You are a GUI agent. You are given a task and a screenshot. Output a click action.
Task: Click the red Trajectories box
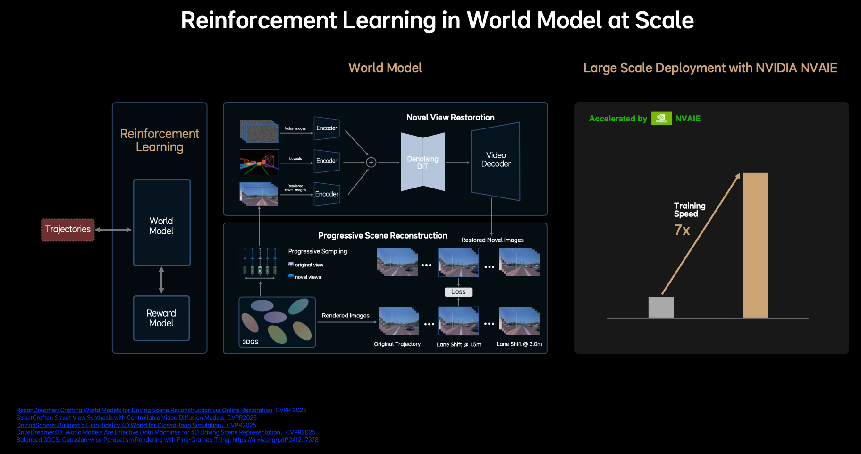coord(68,230)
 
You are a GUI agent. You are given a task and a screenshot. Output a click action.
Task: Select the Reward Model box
coord(161,318)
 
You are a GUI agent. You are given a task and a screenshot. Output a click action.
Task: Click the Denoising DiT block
coord(422,162)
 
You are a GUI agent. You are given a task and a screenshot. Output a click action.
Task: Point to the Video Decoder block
coord(496,160)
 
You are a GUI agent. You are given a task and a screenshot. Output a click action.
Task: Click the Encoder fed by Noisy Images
coord(327,128)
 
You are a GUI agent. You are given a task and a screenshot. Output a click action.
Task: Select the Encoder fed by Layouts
coord(327,161)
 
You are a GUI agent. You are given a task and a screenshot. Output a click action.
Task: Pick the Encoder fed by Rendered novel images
coord(327,194)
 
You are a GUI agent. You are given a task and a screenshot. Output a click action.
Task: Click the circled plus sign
coord(371,163)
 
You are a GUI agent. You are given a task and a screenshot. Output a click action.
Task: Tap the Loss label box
coord(458,292)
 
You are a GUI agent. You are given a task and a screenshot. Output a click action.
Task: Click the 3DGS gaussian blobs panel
coord(277,322)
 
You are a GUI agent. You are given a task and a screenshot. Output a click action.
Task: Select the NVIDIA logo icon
coord(661,118)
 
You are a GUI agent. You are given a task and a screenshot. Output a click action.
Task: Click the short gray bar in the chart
coord(661,308)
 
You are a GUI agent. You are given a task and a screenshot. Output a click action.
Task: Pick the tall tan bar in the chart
coord(756,246)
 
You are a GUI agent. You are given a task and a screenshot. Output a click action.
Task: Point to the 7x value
coord(682,230)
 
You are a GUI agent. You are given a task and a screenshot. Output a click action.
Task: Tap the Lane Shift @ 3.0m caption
coord(519,344)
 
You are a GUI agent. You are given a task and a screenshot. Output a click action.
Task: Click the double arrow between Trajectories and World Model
coord(114,230)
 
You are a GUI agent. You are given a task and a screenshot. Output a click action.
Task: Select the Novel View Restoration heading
coord(450,118)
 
